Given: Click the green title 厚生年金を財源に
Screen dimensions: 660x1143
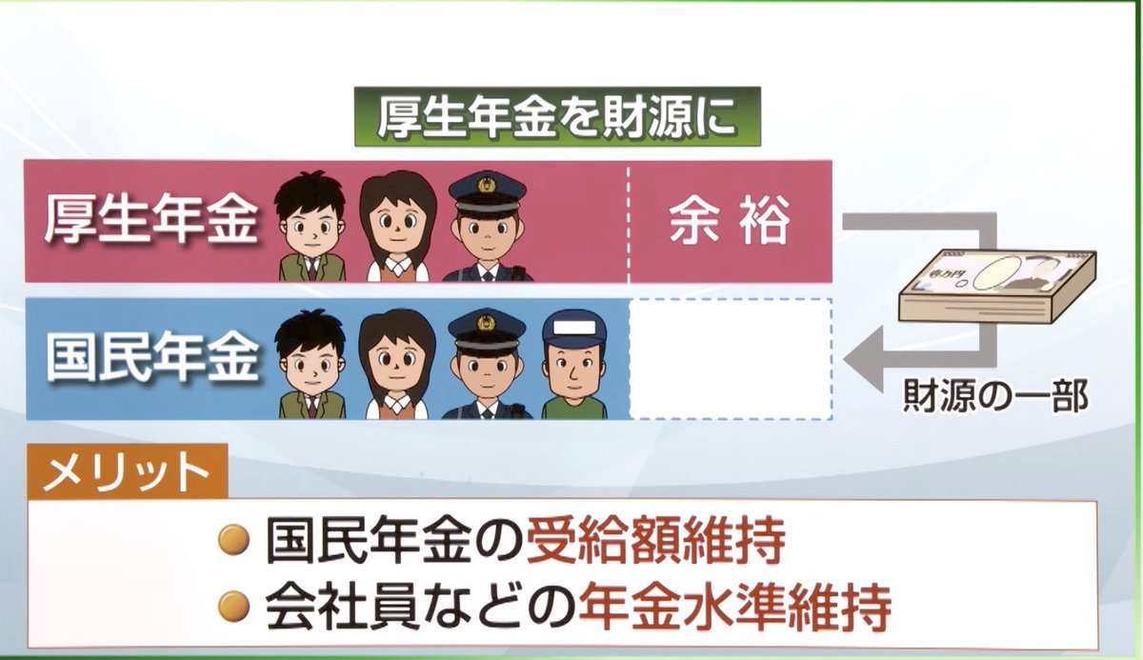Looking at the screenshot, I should (x=557, y=116).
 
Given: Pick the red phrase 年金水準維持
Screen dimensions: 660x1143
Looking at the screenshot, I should (x=733, y=603).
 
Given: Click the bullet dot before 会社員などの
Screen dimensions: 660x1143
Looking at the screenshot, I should (x=233, y=604).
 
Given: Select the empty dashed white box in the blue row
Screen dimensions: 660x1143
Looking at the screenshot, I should (x=731, y=359).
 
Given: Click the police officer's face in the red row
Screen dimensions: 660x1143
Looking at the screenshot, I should (x=487, y=232).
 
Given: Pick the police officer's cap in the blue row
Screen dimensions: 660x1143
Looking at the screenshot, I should (x=487, y=329).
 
